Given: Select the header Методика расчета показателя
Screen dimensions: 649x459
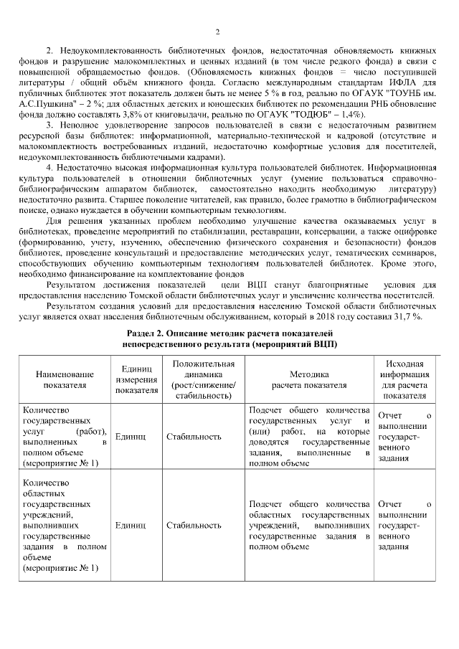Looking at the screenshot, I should tap(309, 379).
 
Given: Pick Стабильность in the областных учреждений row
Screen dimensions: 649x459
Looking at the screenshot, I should tap(194, 525).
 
